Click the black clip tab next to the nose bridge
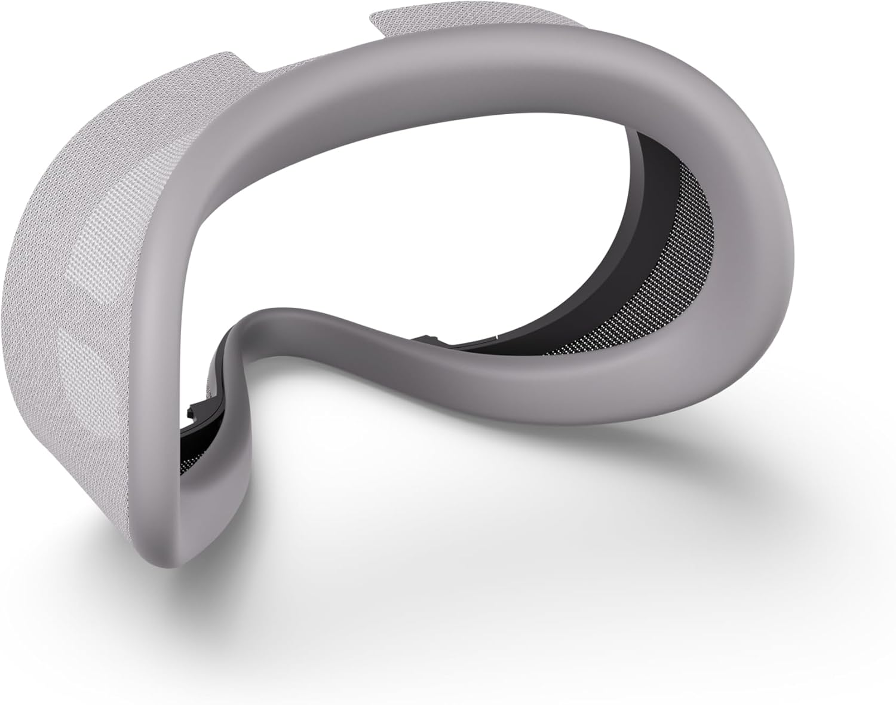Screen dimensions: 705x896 [x=197, y=412]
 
